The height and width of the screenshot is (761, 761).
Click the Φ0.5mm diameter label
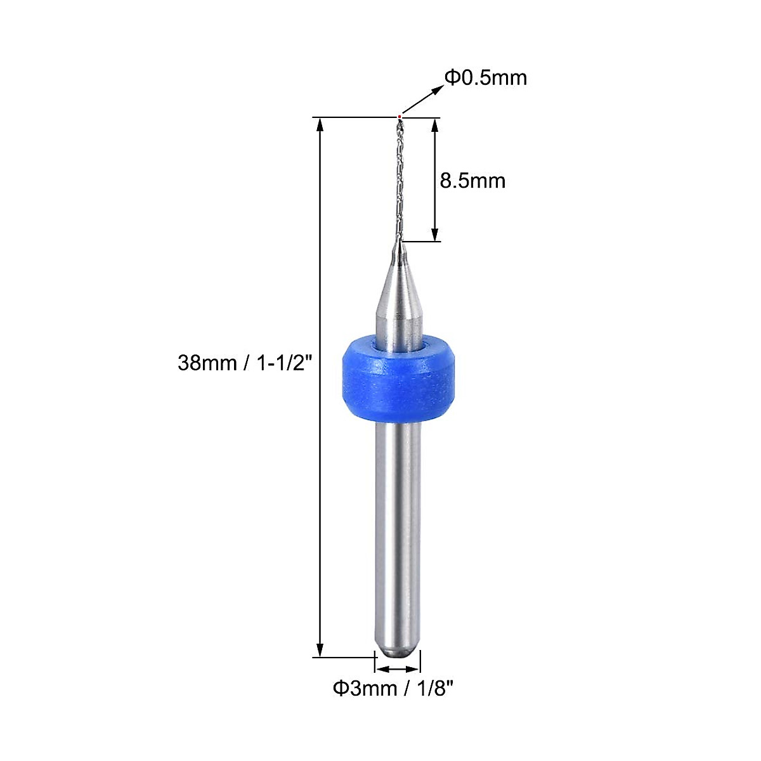pyautogui.click(x=485, y=78)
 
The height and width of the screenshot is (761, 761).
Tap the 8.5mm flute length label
pyautogui.click(x=472, y=181)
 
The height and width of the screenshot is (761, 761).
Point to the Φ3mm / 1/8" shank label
pyautogui.click(x=393, y=688)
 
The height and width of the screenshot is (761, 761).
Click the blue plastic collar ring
pyautogui.click(x=398, y=379)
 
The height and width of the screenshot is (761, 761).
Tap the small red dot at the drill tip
pyautogui.click(x=400, y=117)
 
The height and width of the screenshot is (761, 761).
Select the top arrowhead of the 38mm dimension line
pyautogui.click(x=320, y=126)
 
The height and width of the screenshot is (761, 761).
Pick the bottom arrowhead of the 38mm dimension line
pyautogui.click(x=320, y=649)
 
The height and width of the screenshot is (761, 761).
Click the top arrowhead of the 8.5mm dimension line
pyautogui.click(x=435, y=126)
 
